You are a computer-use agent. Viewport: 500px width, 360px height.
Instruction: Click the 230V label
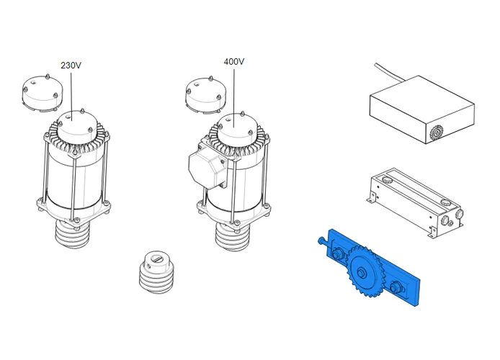(x=71, y=66)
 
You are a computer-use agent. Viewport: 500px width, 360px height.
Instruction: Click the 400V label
(x=233, y=61)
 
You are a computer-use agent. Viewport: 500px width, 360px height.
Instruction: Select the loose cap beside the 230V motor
(x=43, y=94)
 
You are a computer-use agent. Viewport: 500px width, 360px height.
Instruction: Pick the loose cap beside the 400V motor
(x=205, y=94)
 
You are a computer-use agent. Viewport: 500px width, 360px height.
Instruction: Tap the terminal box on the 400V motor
(x=207, y=167)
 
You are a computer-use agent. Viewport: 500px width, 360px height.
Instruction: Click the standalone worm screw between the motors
(x=156, y=271)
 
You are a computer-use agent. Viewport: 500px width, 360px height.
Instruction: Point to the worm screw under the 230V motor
(x=73, y=234)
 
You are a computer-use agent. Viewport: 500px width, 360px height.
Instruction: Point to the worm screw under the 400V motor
(x=233, y=236)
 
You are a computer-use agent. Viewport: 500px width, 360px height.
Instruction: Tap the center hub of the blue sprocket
(x=361, y=273)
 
